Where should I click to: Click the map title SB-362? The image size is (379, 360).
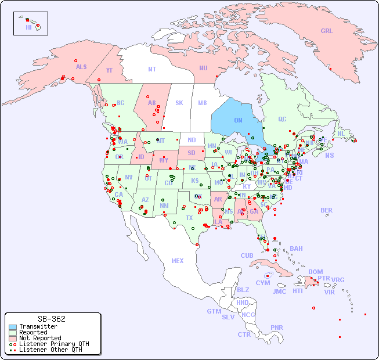click(51, 319)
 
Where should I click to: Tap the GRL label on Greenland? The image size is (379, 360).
click(327, 31)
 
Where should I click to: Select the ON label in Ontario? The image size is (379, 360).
click(238, 120)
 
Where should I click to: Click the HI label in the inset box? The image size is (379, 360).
click(28, 27)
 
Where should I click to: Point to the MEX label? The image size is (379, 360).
click(178, 261)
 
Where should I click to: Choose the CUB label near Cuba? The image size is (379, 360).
click(247, 255)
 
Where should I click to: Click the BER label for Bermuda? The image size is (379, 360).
click(326, 210)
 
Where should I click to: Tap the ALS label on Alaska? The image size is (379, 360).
click(81, 67)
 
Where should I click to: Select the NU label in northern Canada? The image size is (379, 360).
click(203, 68)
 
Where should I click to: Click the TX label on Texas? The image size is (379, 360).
click(189, 218)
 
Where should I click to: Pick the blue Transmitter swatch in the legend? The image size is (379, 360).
click(13, 327)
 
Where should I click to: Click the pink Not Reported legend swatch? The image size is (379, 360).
click(13, 338)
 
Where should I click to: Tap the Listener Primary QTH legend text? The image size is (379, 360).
click(53, 344)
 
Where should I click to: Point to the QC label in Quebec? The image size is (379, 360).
click(282, 119)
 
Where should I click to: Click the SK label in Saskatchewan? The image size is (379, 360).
click(179, 103)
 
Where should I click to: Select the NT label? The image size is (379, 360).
click(152, 69)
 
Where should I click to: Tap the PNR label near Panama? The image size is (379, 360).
click(277, 327)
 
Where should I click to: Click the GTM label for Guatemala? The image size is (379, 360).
click(214, 311)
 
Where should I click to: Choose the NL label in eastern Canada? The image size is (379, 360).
click(341, 133)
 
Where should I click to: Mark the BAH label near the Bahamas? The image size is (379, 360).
click(296, 249)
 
